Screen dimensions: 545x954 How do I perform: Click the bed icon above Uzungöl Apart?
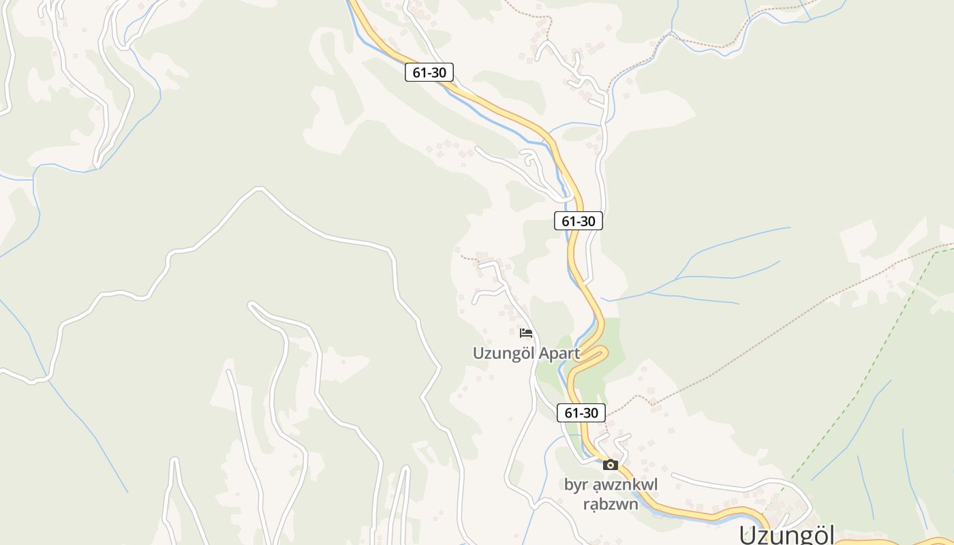coord(526,333)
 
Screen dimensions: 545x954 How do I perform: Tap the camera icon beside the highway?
coord(611,465)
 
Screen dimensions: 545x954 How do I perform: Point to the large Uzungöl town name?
coord(787,535)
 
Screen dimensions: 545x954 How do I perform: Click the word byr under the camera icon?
coord(575,485)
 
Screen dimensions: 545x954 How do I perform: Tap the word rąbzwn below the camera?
coord(611,504)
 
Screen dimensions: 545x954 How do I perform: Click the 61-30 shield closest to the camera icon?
coord(581,413)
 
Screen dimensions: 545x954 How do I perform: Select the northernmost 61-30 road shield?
coord(429,72)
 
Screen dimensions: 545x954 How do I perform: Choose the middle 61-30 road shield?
coord(579,221)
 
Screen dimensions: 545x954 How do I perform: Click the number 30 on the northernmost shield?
coord(438,72)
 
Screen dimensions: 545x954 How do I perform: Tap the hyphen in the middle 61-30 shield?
coord(579,221)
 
